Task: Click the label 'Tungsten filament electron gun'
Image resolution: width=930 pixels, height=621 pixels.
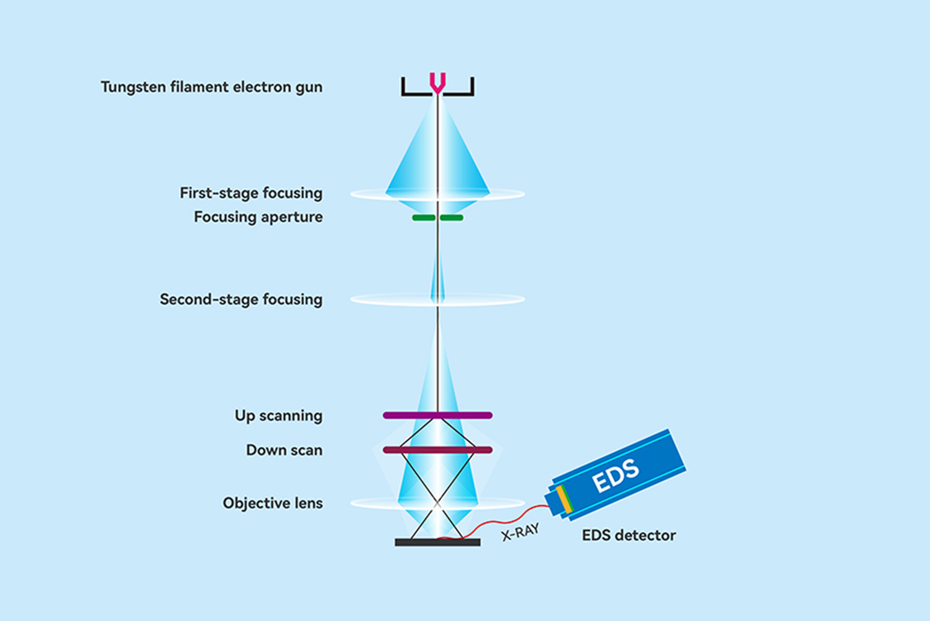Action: pos(211,87)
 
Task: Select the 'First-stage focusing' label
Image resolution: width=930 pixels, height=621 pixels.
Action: pos(251,193)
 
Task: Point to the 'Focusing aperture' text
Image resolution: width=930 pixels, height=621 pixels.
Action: pos(258,217)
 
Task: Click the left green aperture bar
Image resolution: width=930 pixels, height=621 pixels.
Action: pos(424,218)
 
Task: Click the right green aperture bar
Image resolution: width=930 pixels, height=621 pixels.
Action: pos(452,218)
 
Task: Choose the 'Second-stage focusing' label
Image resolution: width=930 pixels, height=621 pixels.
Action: pos(241,299)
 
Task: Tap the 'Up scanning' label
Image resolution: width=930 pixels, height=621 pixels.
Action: pos(278,415)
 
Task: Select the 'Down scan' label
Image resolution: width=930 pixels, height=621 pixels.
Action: pos(284,450)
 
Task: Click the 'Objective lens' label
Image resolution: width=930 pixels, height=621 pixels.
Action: pos(273,503)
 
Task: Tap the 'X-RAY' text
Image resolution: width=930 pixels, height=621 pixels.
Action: pos(521,532)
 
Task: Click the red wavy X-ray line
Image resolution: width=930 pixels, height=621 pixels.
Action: pos(497,520)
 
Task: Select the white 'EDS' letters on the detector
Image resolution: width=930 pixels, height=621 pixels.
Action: pos(615,475)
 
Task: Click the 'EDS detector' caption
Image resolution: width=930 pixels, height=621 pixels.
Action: pos(629,535)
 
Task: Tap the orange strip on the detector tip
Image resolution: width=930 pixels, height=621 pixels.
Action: pos(563,499)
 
